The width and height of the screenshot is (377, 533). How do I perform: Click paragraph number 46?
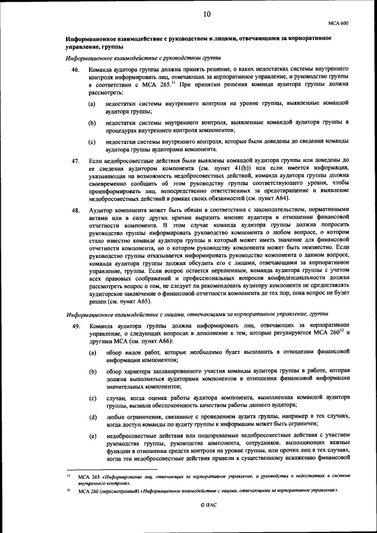point(75,70)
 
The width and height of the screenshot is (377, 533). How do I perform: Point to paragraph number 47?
point(75,160)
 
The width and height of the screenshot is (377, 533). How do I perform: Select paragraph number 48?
point(75,210)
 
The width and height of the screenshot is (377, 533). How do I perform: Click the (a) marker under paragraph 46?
point(92,104)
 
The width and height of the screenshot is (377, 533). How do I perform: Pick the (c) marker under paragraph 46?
point(92,142)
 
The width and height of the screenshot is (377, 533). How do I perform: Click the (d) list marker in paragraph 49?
point(92,418)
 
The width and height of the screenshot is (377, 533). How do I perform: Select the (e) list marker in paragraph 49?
point(92,436)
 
